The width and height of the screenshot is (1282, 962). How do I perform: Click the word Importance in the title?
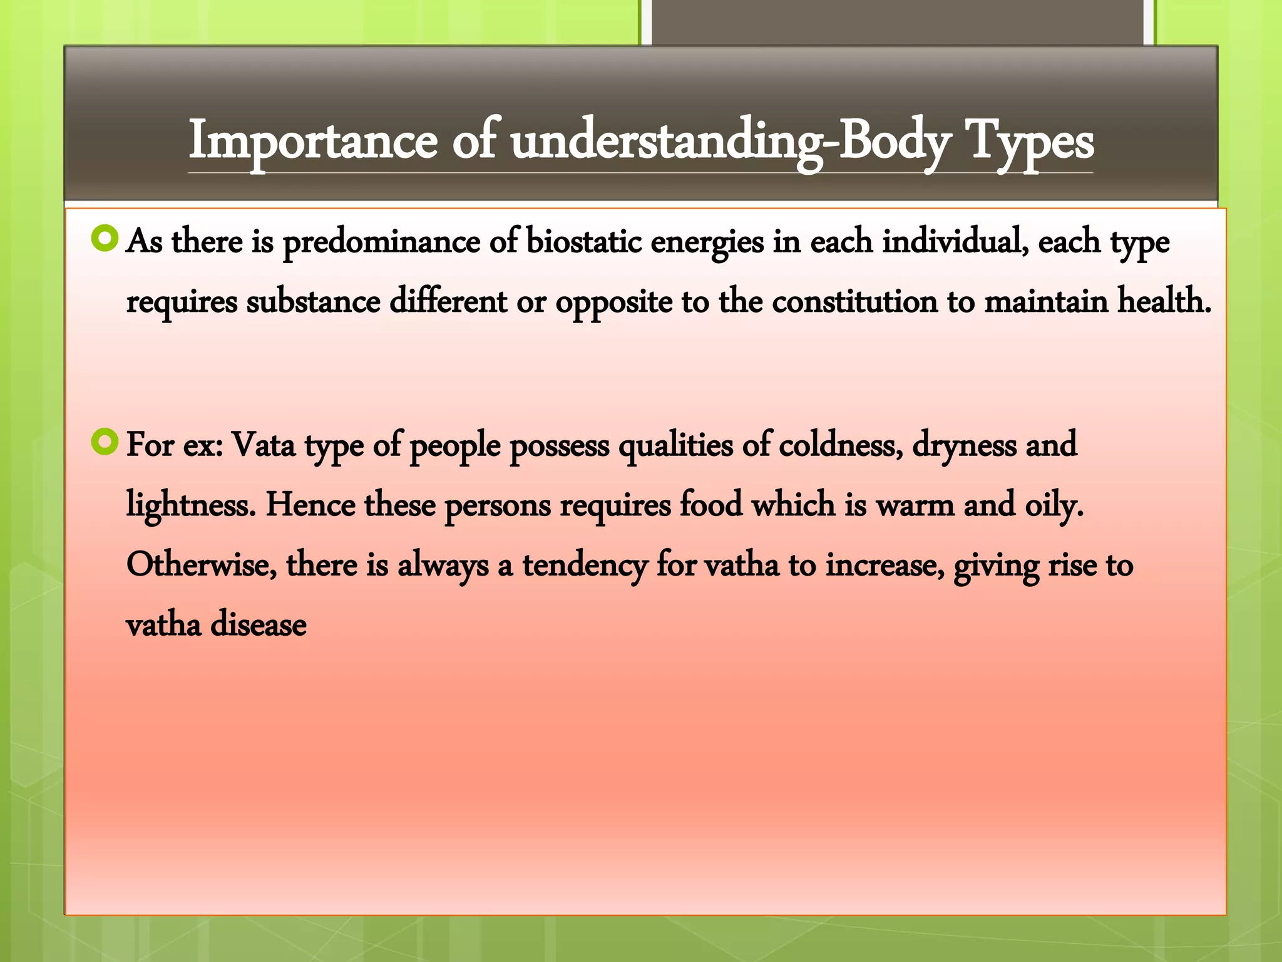[313, 142]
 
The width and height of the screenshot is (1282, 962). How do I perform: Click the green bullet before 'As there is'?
[105, 239]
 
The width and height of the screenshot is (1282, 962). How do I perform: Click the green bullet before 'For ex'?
[105, 442]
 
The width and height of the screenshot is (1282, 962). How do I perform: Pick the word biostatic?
[583, 242]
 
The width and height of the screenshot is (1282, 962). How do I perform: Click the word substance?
[313, 302]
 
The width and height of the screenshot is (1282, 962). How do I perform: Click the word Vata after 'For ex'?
[264, 445]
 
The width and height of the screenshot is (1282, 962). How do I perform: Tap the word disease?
[258, 625]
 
